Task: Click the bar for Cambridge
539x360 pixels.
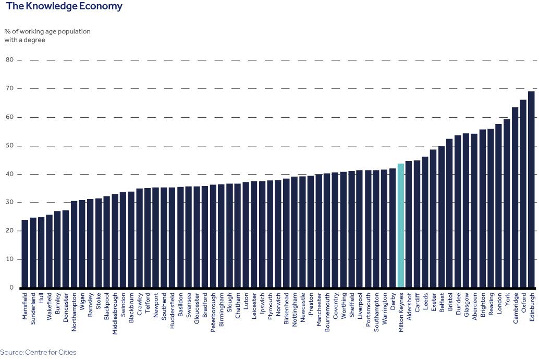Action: [x=515, y=197]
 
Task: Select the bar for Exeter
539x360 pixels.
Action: [x=433, y=219]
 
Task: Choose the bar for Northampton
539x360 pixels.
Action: [x=74, y=244]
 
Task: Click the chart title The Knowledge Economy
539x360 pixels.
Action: [x=64, y=7]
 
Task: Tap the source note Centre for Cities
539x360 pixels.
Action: [x=38, y=353]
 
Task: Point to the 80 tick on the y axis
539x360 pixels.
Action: [x=9, y=60]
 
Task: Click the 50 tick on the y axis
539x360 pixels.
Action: [x=9, y=145]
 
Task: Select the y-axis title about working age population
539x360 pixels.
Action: [x=47, y=35]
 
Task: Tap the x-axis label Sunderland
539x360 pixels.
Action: [x=33, y=307]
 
